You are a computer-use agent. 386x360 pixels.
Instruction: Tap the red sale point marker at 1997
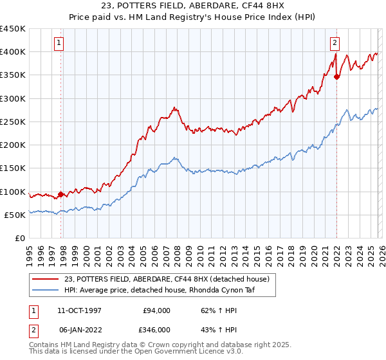pos(60,194)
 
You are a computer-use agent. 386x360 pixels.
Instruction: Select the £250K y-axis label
pos(13,122)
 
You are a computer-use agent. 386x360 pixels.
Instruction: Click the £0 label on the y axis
pos(19,238)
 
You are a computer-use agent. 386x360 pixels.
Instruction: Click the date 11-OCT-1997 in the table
pos(80,310)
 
